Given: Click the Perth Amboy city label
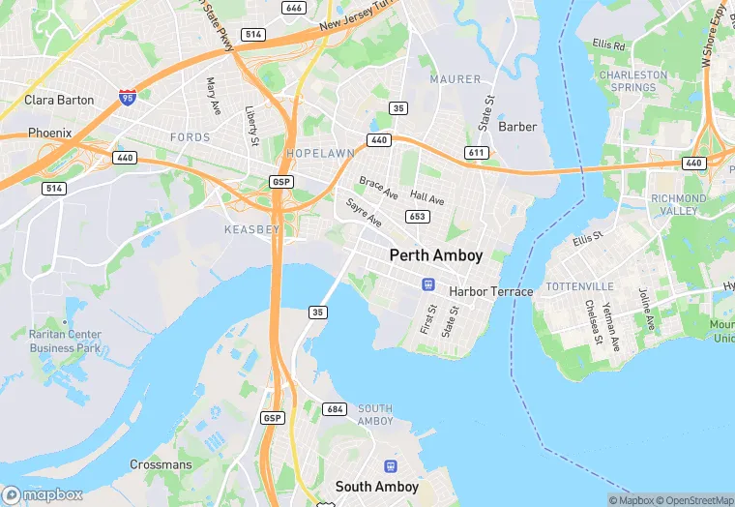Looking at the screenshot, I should (435, 255).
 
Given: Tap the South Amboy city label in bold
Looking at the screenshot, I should (376, 487).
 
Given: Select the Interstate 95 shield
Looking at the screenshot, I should (128, 96).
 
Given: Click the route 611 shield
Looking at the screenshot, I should (475, 153).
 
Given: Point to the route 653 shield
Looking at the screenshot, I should (418, 217).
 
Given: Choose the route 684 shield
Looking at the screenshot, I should (335, 409).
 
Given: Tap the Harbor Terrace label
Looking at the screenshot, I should (490, 291).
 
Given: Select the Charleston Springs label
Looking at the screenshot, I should (633, 80).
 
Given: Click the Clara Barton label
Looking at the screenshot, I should (59, 100).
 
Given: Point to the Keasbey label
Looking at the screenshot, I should (251, 229).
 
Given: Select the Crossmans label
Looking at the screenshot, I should (161, 464).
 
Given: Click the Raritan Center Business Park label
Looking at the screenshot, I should (65, 341).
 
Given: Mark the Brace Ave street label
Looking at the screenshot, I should (378, 188).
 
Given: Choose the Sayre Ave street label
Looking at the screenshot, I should (364, 213).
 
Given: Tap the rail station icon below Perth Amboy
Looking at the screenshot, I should (426, 283).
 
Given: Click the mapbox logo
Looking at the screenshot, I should (42, 494).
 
